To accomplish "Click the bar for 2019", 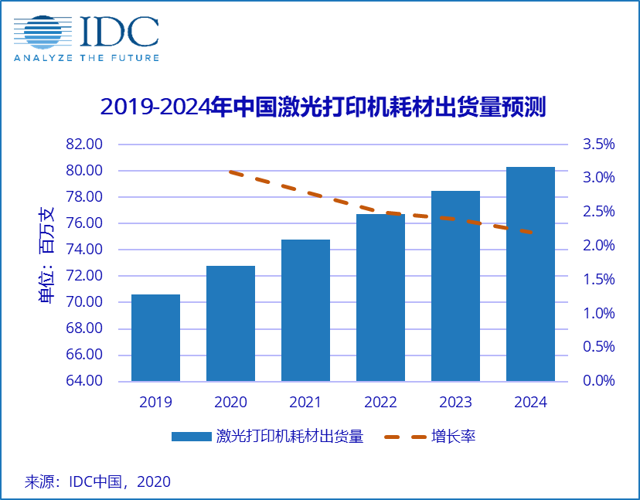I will [x=155, y=338].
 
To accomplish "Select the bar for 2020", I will [x=230, y=323].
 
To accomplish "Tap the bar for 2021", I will [x=305, y=310].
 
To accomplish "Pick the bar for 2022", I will [x=380, y=298].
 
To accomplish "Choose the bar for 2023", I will [x=455, y=286].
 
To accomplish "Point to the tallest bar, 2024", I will [x=530, y=274].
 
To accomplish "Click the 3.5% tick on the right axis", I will [x=599, y=145].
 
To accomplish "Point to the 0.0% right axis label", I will [x=599, y=381].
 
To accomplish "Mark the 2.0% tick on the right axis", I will [x=599, y=246].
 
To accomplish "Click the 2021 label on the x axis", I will [x=305, y=403].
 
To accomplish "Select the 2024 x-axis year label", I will [x=530, y=403].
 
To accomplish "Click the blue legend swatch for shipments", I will [x=191, y=437].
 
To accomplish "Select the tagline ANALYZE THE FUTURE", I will [x=86, y=58].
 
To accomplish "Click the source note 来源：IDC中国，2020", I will [x=97, y=481].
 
